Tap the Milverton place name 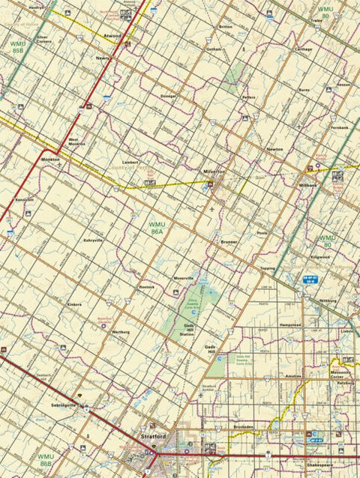[x=214, y=172]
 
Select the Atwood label [x=112, y=35]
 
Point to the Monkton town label [x=51, y=160]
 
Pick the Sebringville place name [x=64, y=405]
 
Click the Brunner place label [x=229, y=242]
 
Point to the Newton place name [x=274, y=149]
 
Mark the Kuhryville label [x=93, y=240]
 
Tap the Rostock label [x=146, y=286]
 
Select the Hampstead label [x=289, y=325]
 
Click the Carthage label [x=303, y=49]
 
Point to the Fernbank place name [x=339, y=127]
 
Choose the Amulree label [x=292, y=376]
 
